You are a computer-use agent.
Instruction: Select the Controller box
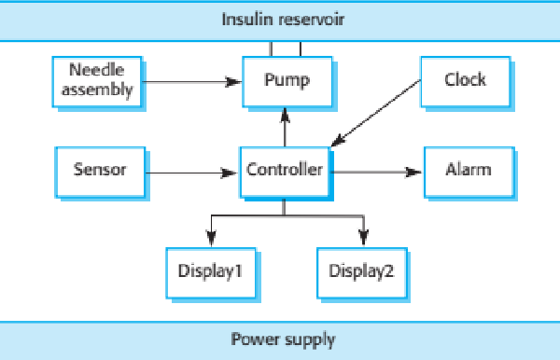tap(285, 171)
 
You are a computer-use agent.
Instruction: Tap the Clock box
tap(464, 81)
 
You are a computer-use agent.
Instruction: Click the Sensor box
tap(100, 171)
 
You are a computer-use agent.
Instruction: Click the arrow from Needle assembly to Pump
tap(191, 82)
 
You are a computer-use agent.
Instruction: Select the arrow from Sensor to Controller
tap(191, 173)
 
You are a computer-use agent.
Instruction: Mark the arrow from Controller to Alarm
tap(373, 172)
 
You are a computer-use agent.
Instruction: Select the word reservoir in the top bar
tap(311, 19)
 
